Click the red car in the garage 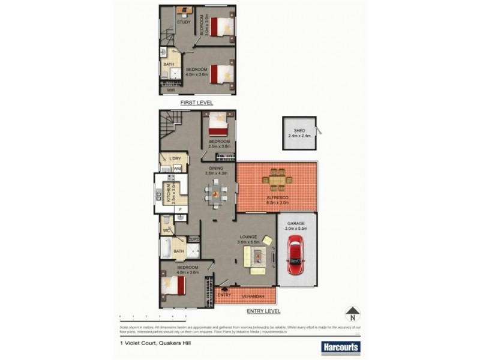coord(296,254)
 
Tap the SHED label coord(299,131)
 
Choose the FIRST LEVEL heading coord(197,103)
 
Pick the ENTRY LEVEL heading coord(263,311)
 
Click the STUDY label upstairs coord(184,23)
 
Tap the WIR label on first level coord(170,90)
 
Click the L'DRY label coord(175,158)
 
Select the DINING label coord(216,169)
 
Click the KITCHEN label coord(174,195)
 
